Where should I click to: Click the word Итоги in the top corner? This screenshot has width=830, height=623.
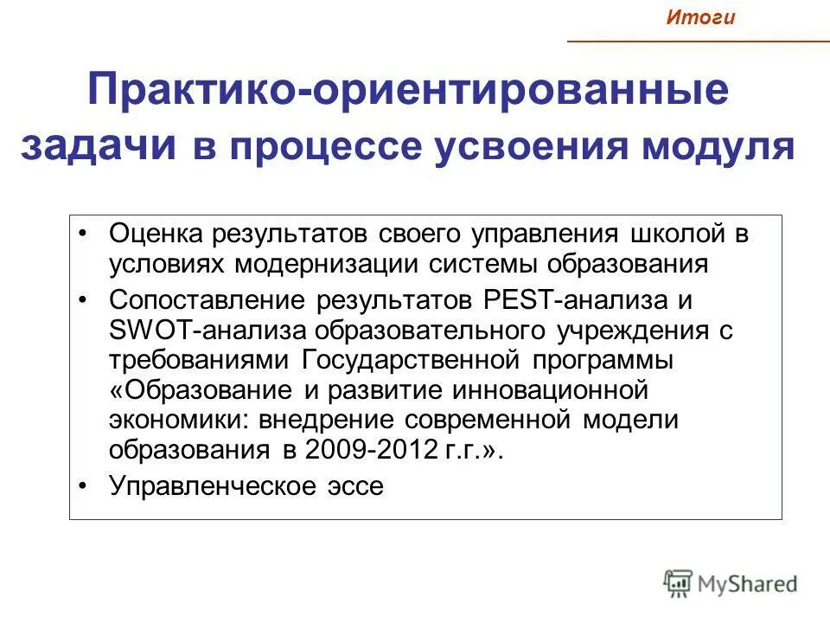point(700,18)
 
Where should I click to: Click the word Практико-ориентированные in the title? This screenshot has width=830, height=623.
point(408,93)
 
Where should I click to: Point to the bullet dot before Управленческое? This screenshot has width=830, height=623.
point(83,486)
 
